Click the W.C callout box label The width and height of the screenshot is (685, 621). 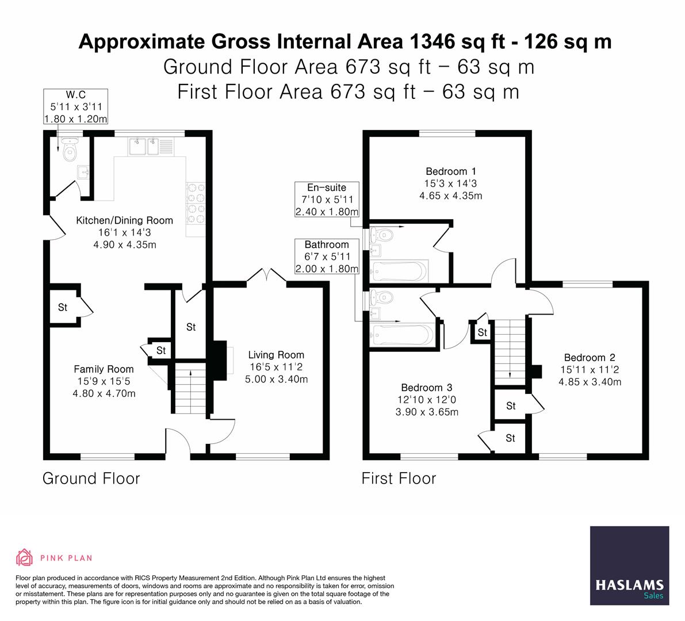coord(76,106)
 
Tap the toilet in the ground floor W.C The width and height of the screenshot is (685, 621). coord(70,151)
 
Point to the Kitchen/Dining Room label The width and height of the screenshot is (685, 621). coord(125,220)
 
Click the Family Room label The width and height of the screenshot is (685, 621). coord(104,369)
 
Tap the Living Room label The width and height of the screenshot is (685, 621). coord(276,355)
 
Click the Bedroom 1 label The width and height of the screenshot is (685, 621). coord(450,171)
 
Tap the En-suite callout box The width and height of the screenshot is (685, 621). coord(327,200)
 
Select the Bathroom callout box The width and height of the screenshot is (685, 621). coord(327,256)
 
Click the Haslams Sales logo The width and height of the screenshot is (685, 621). coord(630,566)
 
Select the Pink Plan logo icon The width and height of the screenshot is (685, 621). coord(25,557)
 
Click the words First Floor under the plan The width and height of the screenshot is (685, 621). coord(399,478)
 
